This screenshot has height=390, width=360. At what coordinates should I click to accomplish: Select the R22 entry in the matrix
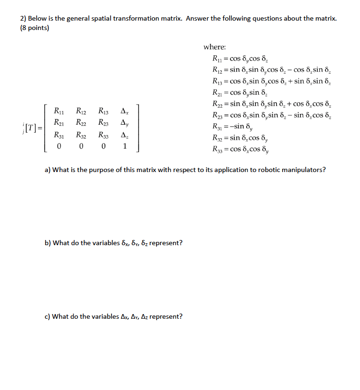tap(82, 124)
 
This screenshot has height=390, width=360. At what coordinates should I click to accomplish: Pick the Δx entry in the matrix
tap(124, 112)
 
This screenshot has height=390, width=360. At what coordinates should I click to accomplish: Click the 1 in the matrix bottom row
tap(124, 147)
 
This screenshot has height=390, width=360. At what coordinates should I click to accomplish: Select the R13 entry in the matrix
tap(104, 112)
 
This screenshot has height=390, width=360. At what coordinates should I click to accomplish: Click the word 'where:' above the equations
tap(214, 47)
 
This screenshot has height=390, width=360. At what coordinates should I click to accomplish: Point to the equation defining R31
tap(237, 126)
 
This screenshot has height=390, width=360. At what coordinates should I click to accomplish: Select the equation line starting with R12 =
tap(271, 70)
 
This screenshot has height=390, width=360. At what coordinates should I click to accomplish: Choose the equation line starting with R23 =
tap(271, 115)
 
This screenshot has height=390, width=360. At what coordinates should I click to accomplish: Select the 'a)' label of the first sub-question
tap(48, 170)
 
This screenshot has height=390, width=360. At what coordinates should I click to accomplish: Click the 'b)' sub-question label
tap(48, 243)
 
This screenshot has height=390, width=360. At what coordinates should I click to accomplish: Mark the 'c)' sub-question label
tap(47, 316)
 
